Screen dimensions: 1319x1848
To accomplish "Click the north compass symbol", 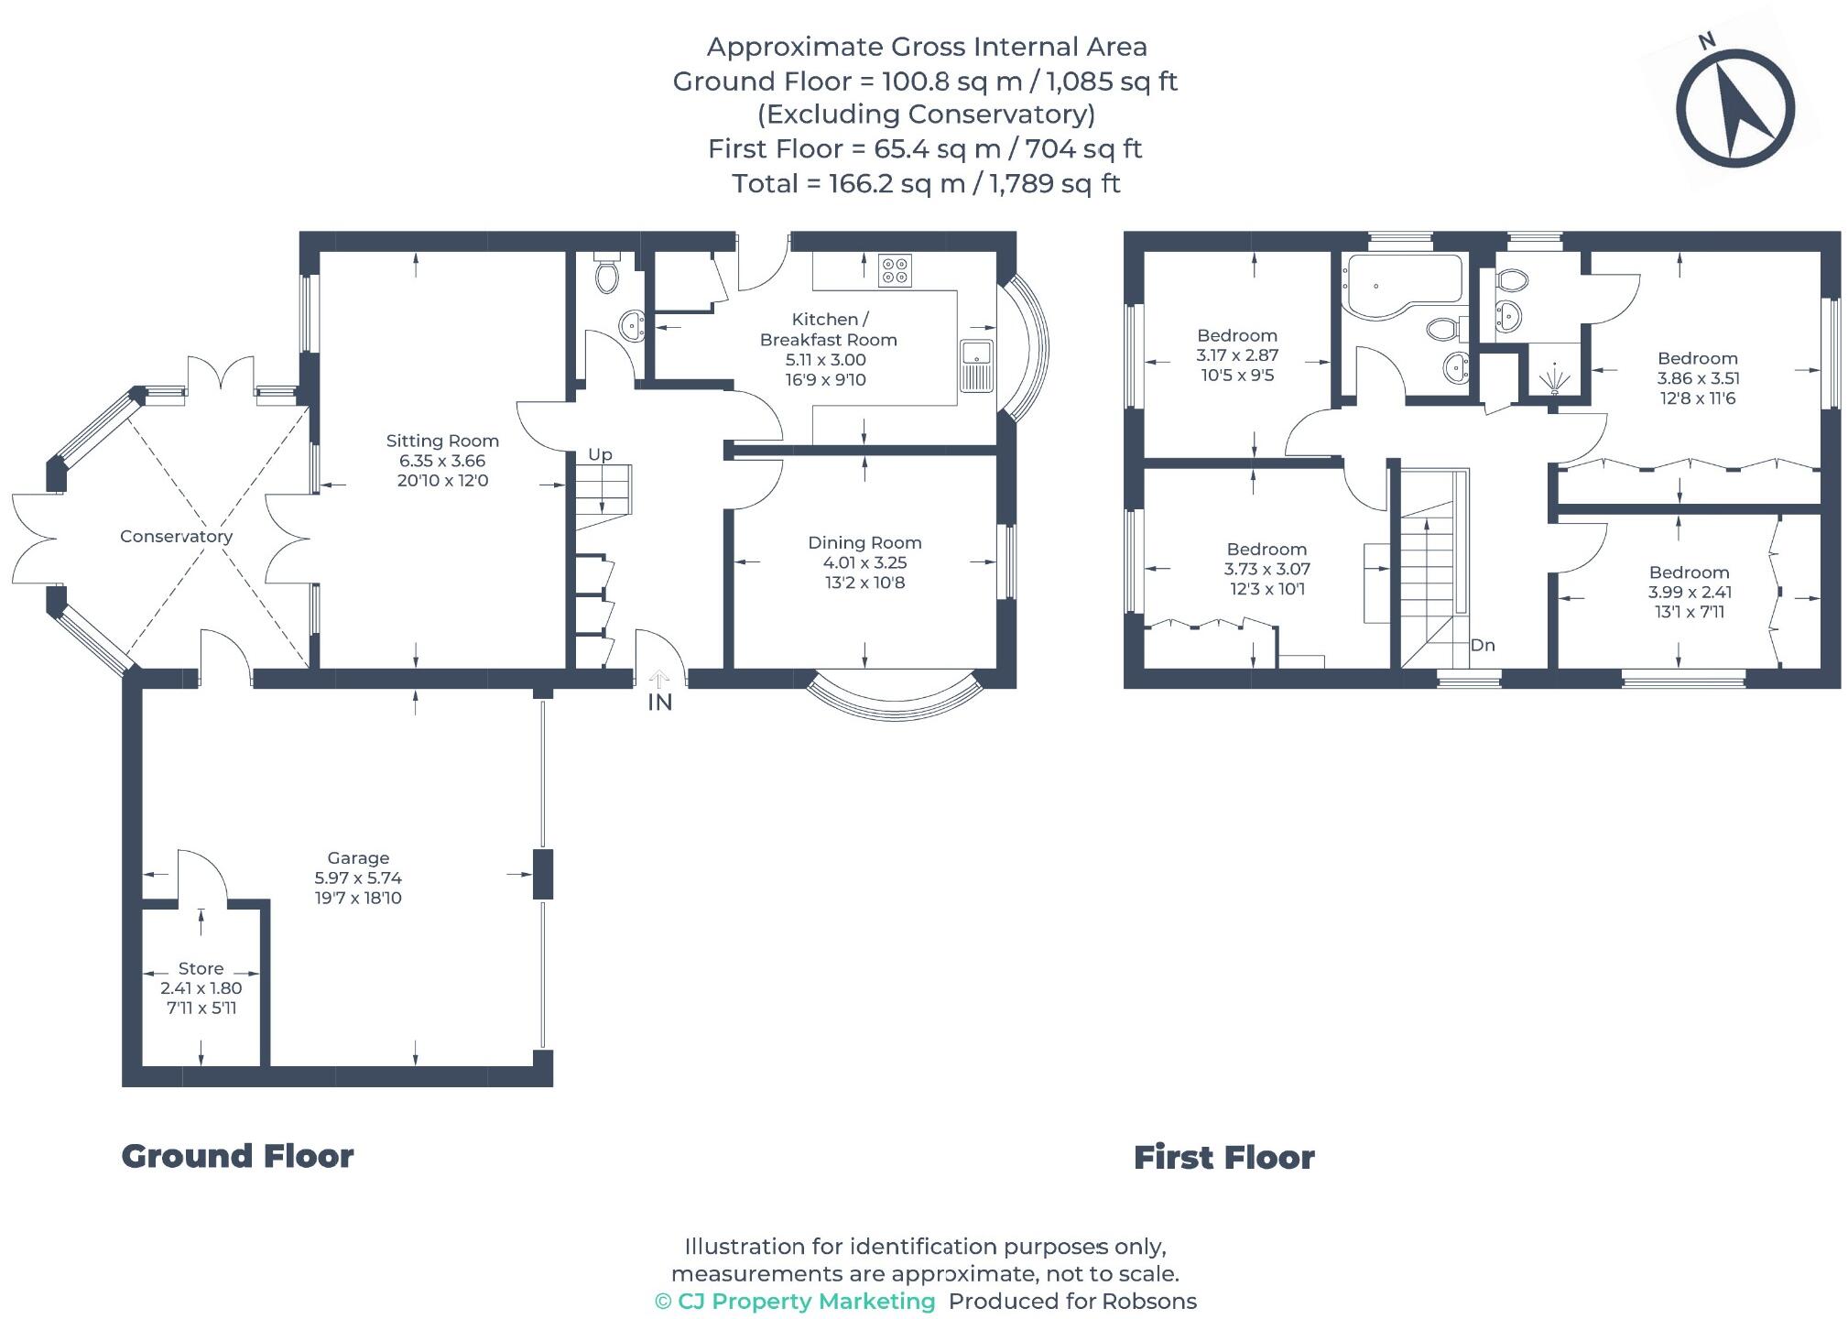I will point(1734,109).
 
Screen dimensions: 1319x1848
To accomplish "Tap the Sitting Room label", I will point(442,441).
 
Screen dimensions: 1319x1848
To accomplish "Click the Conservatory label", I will point(176,537).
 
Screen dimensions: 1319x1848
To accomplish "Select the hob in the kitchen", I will point(895,269).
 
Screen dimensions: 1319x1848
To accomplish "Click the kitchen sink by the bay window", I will point(977,365).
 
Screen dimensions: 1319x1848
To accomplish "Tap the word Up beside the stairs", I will point(600,454).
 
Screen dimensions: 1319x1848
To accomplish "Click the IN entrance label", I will point(660,703).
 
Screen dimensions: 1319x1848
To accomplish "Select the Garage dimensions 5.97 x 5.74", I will point(358,878).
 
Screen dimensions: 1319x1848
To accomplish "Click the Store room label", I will point(201,968).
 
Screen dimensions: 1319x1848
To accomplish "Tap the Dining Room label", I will point(864,543).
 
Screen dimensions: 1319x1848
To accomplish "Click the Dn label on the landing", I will point(1483,645).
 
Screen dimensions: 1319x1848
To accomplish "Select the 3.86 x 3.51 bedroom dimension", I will point(1698,378).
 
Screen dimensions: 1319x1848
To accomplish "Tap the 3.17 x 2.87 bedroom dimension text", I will point(1237,355).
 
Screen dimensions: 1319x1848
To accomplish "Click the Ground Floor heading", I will point(237,1156).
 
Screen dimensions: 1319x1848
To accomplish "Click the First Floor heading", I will point(1223,1158).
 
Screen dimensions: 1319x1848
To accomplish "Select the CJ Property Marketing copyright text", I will point(795,1302).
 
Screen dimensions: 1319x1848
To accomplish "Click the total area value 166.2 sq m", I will point(897,184).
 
